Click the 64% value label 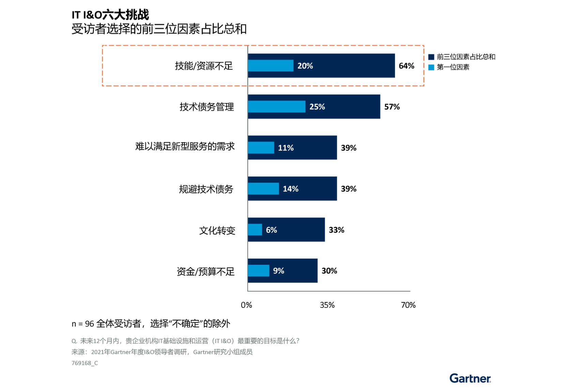406,66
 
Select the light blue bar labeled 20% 271,66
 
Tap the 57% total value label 392,107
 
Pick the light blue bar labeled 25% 276,107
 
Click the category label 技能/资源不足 203,66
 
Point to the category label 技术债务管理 207,107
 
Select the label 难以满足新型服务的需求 185,147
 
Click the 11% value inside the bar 286,148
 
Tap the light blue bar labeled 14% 263,189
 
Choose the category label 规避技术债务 206,189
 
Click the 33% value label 336,230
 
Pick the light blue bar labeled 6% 255,230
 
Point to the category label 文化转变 217,231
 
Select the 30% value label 329,271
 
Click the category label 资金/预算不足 206,272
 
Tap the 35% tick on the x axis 327,305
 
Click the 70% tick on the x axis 408,305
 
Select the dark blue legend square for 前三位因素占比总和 431,57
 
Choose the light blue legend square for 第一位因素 431,67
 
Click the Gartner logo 470,378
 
